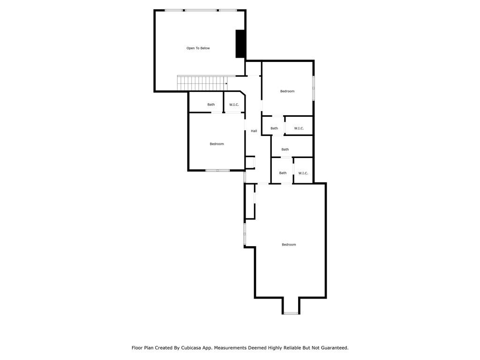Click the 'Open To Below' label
click(198, 48)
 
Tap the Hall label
click(254, 131)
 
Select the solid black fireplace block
click(240, 44)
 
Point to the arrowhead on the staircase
click(226, 84)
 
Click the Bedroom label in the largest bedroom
click(289, 245)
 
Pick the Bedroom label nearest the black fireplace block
click(287, 91)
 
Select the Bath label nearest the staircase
click(211, 105)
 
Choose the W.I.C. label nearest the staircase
click(234, 105)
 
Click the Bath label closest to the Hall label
click(274, 128)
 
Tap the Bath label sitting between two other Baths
click(285, 150)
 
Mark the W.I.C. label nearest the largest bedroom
click(303, 173)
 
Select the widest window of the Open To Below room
click(201, 10)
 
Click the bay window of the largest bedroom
click(291, 313)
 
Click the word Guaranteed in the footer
click(332, 348)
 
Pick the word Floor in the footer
click(137, 348)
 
